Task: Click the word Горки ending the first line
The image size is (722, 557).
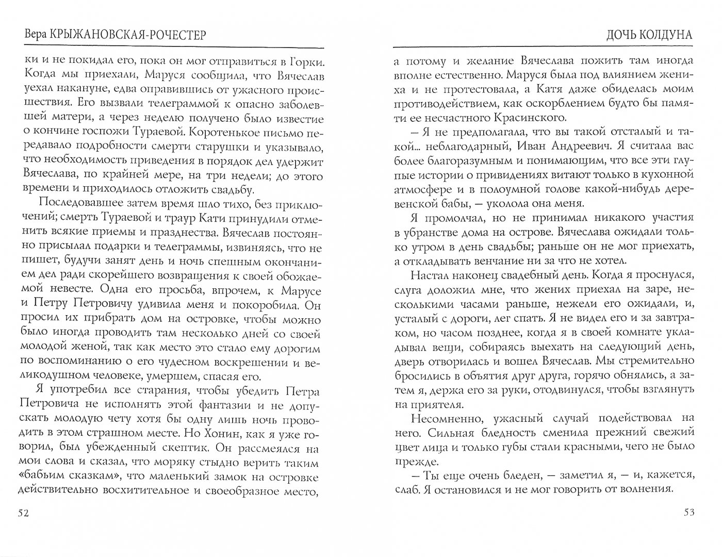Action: (304, 62)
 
